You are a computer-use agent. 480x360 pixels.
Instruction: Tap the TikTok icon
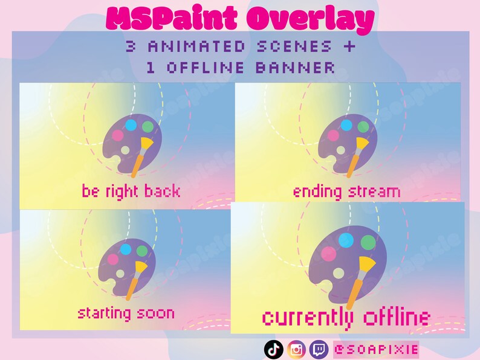(274, 349)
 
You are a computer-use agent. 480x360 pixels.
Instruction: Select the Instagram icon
(296, 349)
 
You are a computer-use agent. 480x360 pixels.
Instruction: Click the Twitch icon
(319, 349)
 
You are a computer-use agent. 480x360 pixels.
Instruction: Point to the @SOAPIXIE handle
(375, 349)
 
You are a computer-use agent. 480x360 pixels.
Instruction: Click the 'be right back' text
(131, 191)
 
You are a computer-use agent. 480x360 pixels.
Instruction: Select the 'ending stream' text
(346, 192)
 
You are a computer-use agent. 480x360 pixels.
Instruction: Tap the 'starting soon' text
(126, 313)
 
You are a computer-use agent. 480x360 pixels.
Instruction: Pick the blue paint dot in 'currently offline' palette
(346, 240)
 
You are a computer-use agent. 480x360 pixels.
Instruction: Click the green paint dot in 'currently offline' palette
(368, 243)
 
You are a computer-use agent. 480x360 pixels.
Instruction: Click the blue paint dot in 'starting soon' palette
(126, 249)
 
